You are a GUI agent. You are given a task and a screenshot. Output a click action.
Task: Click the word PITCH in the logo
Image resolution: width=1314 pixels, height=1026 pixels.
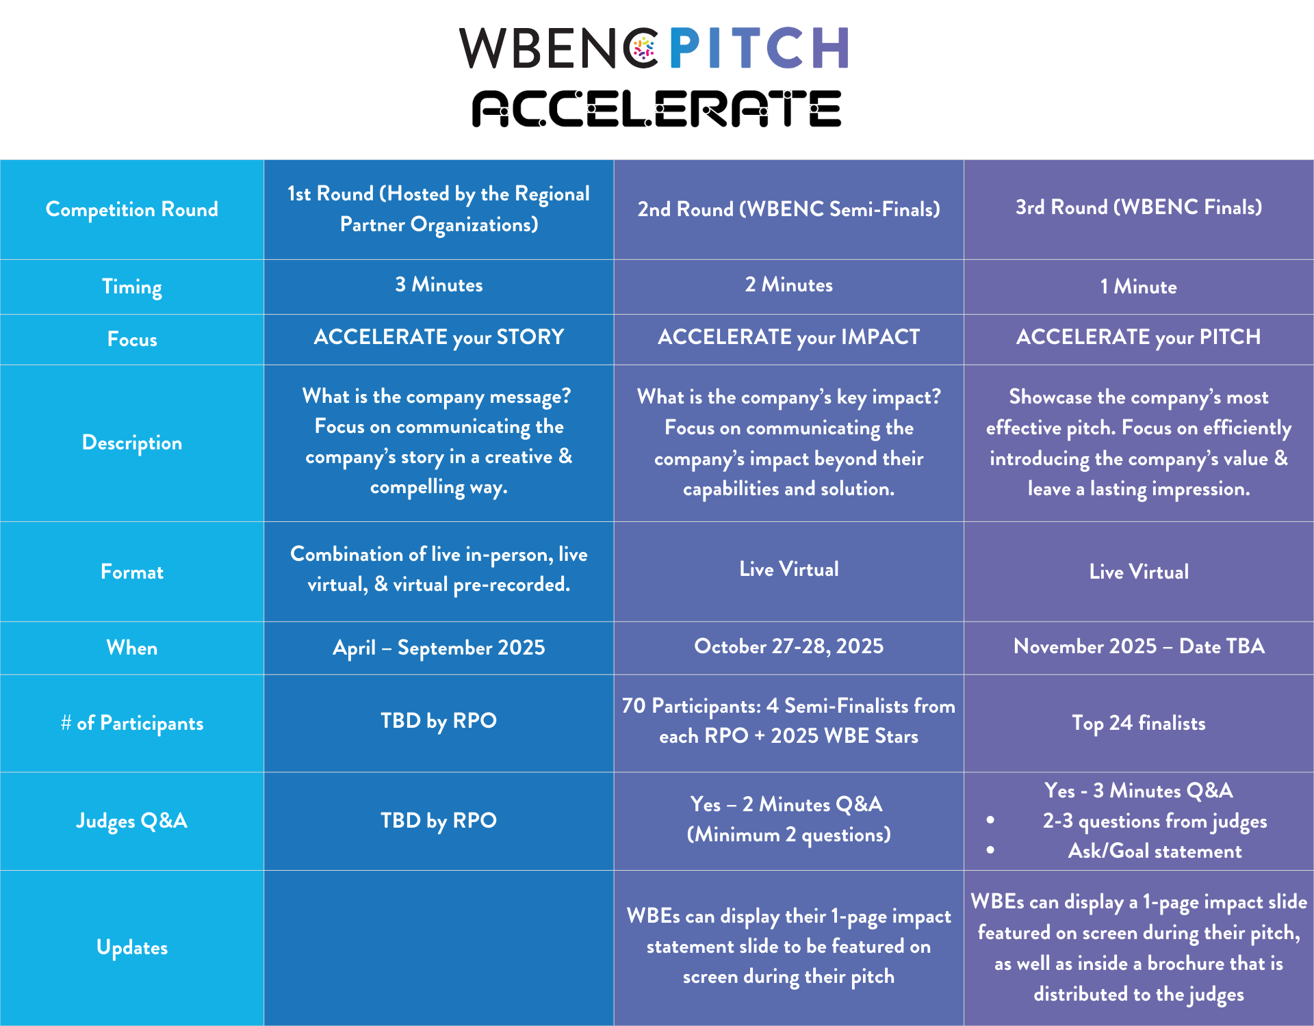[x=759, y=48]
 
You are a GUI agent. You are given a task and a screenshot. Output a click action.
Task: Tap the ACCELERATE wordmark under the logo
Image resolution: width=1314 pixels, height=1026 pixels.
[x=656, y=109]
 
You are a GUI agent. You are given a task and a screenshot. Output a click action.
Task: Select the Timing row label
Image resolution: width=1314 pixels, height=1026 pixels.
[x=132, y=287]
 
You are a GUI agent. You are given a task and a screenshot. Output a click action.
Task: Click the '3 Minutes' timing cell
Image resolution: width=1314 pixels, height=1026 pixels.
[x=439, y=285]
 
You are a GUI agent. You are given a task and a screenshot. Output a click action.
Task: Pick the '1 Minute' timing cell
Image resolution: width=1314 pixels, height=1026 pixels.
[x=1139, y=287]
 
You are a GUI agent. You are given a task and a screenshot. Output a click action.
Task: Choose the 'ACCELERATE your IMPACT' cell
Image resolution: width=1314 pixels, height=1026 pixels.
[x=788, y=337]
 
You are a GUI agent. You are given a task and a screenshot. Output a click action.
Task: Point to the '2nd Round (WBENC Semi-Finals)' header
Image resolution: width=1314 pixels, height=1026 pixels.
[x=788, y=209]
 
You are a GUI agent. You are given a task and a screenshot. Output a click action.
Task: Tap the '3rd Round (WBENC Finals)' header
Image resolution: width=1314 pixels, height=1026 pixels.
[x=1139, y=207]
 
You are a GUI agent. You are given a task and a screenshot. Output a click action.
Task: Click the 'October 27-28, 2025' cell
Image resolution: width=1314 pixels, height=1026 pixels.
[x=788, y=646]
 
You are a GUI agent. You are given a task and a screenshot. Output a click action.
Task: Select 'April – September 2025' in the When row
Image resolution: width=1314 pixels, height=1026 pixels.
[x=439, y=648]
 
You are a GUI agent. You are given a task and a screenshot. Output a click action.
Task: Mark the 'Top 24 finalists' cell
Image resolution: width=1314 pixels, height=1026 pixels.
[x=1139, y=723]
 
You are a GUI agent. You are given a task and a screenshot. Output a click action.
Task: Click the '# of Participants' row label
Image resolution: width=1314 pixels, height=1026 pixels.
[x=132, y=723]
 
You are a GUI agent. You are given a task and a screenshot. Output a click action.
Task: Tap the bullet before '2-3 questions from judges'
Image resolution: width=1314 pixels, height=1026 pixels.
[x=990, y=820]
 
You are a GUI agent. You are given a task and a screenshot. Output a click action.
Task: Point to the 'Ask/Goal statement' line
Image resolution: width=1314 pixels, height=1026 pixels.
[x=1155, y=851]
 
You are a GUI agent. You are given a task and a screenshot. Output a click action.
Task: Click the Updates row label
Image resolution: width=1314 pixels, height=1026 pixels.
[x=132, y=947]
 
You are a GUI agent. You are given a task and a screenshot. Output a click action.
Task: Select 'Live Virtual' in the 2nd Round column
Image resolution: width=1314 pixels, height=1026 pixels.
[x=788, y=569]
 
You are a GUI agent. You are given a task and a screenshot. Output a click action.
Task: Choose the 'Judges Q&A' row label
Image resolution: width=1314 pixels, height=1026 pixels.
[x=132, y=821]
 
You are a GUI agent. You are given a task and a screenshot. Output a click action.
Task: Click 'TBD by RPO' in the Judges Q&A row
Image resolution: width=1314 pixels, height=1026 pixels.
[x=439, y=820]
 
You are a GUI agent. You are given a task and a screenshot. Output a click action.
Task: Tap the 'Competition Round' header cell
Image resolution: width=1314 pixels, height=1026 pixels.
[x=132, y=209]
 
